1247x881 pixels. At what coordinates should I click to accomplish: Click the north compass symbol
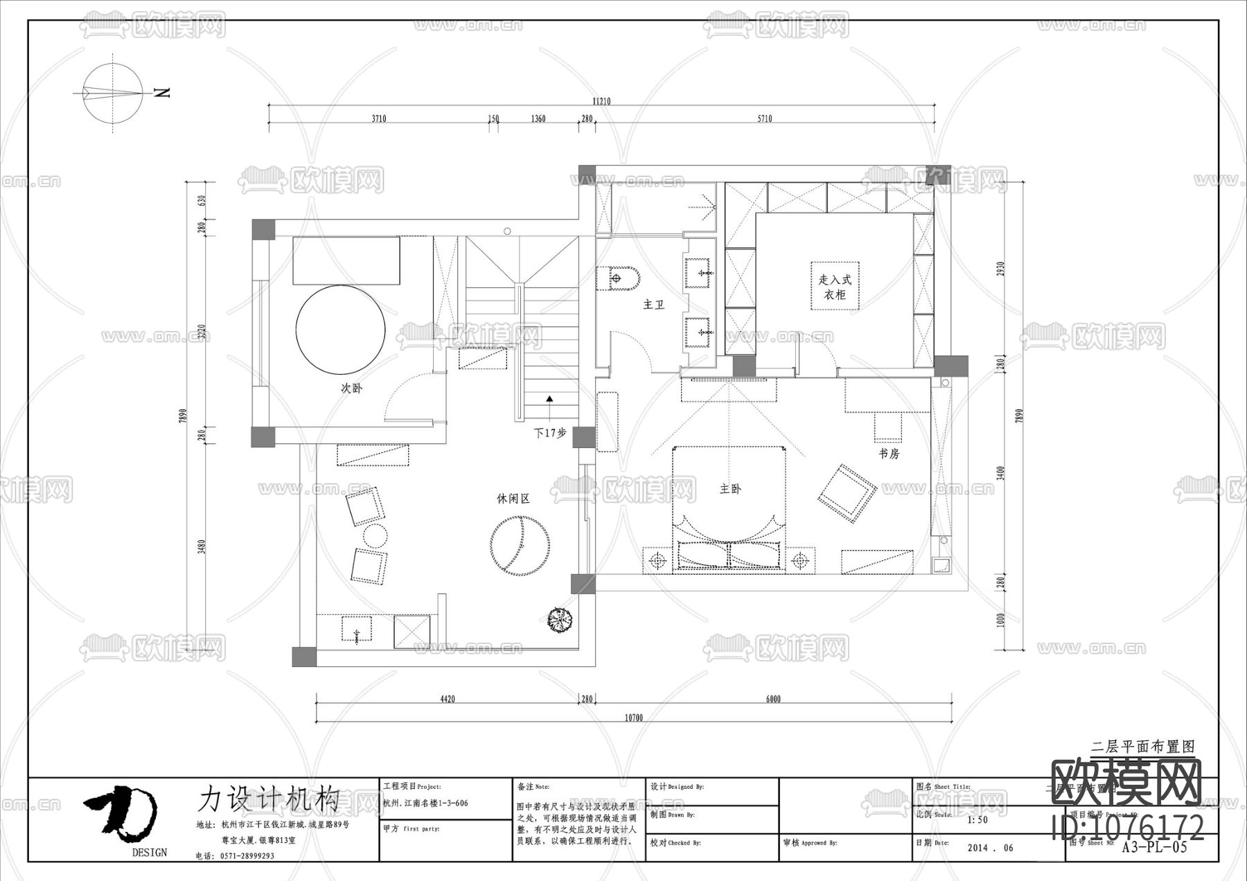[x=113, y=93]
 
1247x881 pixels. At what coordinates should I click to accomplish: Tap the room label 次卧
[x=351, y=389]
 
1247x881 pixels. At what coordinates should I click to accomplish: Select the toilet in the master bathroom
[x=622, y=278]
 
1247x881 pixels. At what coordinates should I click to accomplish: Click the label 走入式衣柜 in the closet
[x=835, y=287]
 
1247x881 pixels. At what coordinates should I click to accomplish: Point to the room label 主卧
[x=730, y=489]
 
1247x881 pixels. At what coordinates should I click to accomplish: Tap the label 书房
[x=889, y=454]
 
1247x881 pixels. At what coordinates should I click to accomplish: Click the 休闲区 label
[x=513, y=499]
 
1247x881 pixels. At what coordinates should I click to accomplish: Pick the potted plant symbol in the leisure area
[x=560, y=619]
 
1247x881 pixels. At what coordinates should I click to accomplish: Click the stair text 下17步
[x=550, y=432]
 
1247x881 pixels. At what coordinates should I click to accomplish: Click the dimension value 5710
[x=764, y=118]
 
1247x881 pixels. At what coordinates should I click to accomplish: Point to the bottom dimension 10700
[x=634, y=718]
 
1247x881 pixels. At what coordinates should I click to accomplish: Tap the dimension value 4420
[x=448, y=699]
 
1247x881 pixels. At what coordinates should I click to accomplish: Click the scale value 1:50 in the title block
[x=977, y=820]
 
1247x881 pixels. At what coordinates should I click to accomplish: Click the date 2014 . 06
[x=990, y=848]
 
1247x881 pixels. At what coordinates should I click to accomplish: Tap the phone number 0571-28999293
[x=247, y=856]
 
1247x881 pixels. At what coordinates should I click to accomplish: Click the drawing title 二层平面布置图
[x=1143, y=747]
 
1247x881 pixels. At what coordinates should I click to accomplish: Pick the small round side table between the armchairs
[x=375, y=536]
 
